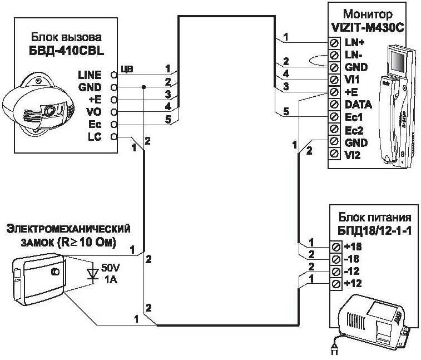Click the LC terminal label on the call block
95,136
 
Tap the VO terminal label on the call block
94,112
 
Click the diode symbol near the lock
92,274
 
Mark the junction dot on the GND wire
143,87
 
